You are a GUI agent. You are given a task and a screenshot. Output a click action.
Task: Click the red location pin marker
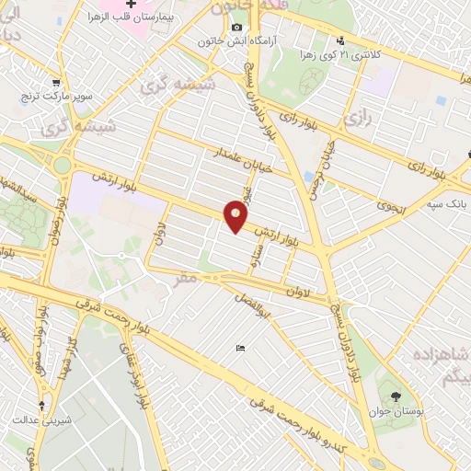point(236,217)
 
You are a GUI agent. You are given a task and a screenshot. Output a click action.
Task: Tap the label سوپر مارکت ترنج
point(59,97)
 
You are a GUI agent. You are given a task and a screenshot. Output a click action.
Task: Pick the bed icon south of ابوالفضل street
point(240,348)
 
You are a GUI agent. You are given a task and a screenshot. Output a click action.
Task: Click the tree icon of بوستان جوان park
point(396,396)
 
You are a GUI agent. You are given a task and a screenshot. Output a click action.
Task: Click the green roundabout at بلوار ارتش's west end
point(62,167)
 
